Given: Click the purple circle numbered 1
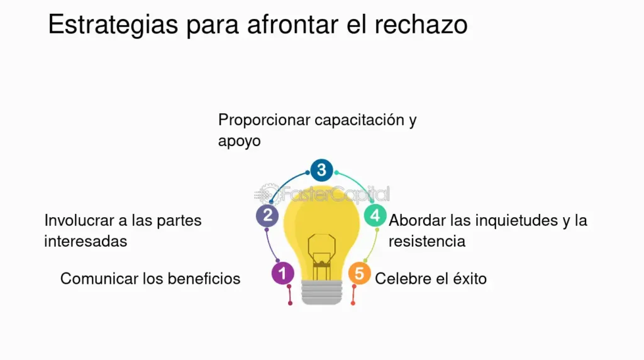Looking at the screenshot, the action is [x=282, y=273].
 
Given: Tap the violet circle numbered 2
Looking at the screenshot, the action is [x=267, y=215].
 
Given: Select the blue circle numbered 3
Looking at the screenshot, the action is [x=321, y=170].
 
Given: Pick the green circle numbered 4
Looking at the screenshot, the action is [x=375, y=215].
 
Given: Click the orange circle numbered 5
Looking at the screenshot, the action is [x=359, y=273].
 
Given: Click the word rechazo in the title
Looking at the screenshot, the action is [x=421, y=25].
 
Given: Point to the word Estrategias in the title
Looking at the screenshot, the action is [x=113, y=25].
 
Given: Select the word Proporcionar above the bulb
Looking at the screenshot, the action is [x=264, y=120].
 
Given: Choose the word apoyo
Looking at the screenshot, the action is [x=239, y=142].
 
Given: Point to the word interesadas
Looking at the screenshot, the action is [x=86, y=242].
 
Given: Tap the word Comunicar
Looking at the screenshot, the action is [x=99, y=279].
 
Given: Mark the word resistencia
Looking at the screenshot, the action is [x=427, y=242].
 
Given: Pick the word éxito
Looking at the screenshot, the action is [x=470, y=279].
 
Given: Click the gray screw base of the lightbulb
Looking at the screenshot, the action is [x=321, y=292].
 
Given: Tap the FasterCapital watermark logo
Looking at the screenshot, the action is [x=321, y=194].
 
